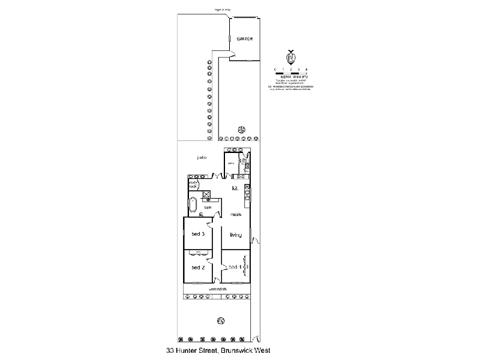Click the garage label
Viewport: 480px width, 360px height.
click(x=244, y=38)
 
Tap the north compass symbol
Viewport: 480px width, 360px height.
click(x=290, y=57)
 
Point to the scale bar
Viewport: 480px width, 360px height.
click(x=290, y=73)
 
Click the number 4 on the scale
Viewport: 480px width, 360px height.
click(x=307, y=70)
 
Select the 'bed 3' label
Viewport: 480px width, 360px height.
click(x=199, y=234)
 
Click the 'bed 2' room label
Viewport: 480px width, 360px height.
click(x=199, y=267)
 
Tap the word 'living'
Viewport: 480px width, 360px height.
click(x=236, y=235)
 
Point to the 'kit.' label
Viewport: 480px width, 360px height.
click(x=236, y=188)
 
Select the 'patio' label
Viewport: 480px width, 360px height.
click(x=202, y=157)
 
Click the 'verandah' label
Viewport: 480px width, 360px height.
click(x=217, y=290)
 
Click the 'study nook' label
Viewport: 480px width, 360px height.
click(x=193, y=184)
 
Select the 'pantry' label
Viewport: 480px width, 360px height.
click(x=230, y=163)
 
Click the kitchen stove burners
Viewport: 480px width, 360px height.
click(x=247, y=194)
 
